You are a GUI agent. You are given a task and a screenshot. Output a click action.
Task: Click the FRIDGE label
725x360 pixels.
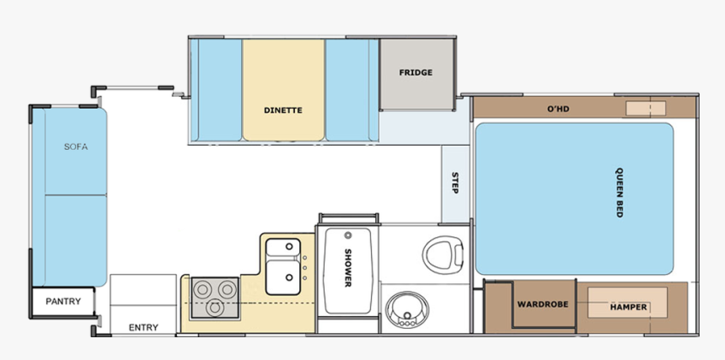(416, 73)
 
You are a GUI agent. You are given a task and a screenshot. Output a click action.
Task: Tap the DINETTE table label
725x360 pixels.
(283, 110)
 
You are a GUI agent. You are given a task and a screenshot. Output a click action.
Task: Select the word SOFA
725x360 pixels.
(76, 147)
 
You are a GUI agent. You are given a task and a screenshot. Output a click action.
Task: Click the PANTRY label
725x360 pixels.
(63, 301)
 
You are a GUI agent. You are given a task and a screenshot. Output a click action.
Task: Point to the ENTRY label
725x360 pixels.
(143, 328)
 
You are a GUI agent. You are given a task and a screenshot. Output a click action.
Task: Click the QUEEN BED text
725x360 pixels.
(619, 192)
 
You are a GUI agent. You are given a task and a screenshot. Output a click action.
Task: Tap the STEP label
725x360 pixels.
(454, 183)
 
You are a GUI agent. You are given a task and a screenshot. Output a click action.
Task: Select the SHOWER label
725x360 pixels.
(347, 267)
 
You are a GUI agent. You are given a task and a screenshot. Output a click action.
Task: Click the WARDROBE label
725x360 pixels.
(542, 304)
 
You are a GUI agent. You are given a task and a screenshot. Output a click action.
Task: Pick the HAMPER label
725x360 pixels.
(628, 308)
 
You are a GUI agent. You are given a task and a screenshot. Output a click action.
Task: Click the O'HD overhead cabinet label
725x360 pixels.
(558, 109)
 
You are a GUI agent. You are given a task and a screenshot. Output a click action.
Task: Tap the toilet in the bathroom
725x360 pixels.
(443, 255)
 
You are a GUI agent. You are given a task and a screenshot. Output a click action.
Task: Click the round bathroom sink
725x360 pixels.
(407, 310)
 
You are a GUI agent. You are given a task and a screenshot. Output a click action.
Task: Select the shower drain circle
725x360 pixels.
(347, 235)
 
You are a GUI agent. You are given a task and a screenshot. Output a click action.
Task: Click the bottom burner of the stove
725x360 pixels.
(215, 308)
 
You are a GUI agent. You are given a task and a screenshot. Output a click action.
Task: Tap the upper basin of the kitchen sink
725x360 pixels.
(283, 248)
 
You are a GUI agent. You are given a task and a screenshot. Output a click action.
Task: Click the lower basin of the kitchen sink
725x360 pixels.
(283, 277)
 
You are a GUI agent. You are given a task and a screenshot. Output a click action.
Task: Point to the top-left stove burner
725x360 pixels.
(202, 289)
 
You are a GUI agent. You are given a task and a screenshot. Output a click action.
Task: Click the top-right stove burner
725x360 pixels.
(228, 289)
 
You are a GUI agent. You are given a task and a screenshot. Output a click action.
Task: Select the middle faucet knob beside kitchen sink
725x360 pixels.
(304, 267)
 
